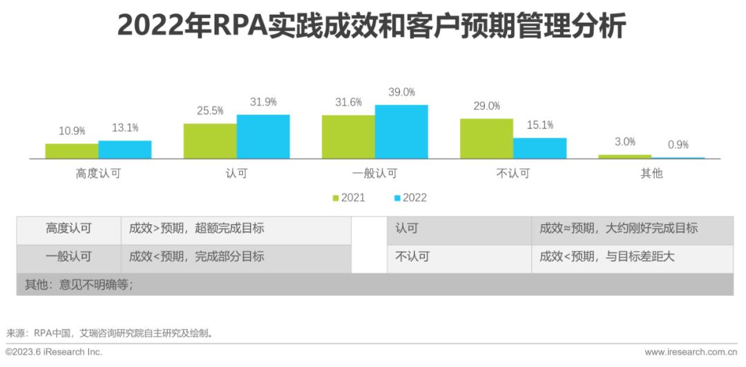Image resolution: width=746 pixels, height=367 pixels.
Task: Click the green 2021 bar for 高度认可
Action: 72,151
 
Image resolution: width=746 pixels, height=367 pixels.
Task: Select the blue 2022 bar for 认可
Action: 263,137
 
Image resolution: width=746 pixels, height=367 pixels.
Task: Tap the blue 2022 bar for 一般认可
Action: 401,132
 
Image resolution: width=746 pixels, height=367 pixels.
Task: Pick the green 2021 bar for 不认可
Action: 486,139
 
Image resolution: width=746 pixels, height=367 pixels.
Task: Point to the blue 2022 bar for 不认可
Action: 539,148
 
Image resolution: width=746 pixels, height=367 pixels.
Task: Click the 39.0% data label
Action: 401,92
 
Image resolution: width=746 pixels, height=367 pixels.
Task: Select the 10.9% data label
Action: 72,131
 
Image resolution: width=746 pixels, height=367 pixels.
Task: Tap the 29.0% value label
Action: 486,106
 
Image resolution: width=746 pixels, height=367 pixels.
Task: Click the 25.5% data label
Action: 210,110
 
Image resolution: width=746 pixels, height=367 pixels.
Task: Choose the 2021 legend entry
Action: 348,198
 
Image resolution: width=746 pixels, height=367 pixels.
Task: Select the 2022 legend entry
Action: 410,198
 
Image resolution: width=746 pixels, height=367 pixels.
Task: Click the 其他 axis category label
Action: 651,174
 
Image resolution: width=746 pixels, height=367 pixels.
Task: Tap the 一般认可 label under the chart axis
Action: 374,174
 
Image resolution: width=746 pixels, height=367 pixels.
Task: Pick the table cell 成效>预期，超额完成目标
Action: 197,228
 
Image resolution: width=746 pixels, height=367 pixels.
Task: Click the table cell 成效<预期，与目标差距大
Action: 606,257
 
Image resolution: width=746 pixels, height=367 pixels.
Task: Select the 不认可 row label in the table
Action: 412,257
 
